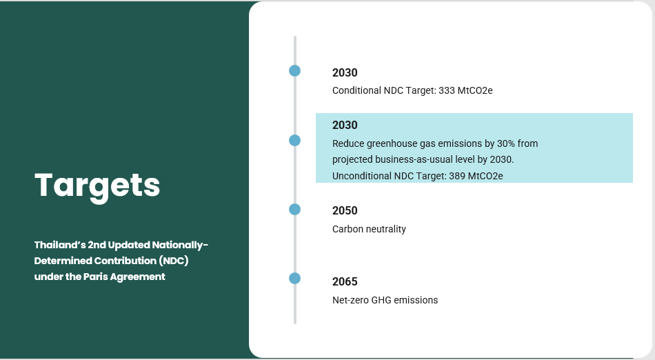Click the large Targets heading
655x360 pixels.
(97, 186)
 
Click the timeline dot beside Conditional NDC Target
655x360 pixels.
(294, 70)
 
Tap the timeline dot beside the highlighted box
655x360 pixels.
(294, 140)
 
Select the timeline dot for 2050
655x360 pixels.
(294, 209)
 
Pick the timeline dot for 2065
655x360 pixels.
(294, 278)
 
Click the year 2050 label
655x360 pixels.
(345, 210)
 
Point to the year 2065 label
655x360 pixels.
(345, 281)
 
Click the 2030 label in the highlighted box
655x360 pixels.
(345, 125)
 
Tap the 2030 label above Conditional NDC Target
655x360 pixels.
(345, 72)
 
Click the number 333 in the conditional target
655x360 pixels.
(447, 90)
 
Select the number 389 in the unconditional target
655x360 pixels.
(457, 176)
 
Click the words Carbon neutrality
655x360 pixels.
(369, 229)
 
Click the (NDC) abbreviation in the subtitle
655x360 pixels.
(173, 261)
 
